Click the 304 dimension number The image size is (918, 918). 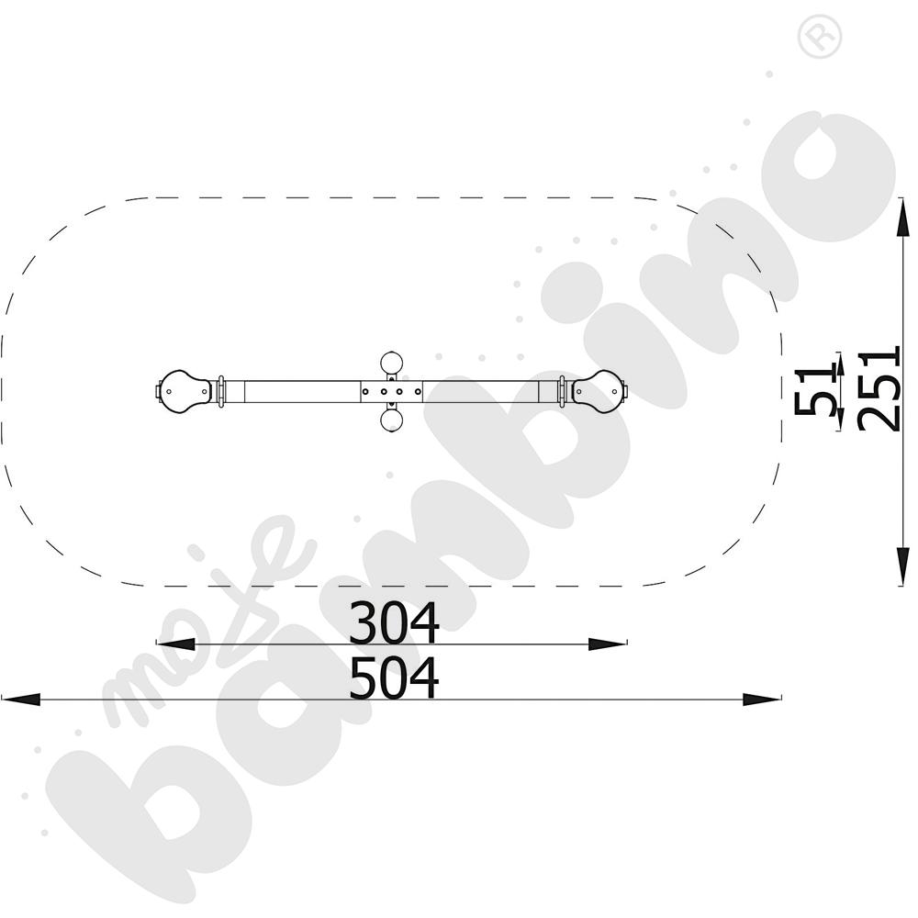(x=394, y=622)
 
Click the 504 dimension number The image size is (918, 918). (x=394, y=677)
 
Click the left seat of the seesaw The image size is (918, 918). (x=185, y=390)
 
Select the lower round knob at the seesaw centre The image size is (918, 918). (x=391, y=420)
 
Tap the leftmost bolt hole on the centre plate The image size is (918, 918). (x=365, y=391)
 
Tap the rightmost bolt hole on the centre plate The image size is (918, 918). (x=418, y=391)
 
